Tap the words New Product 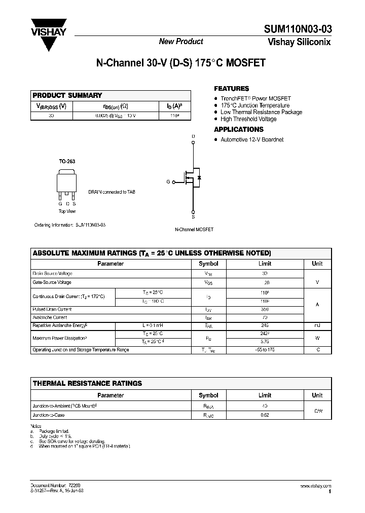pyautogui.click(x=181, y=42)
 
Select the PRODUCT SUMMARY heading pyautogui.click(x=67, y=95)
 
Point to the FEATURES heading pyautogui.click(x=232, y=89)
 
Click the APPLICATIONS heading pyautogui.click(x=239, y=130)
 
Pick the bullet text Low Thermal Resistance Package pyautogui.click(x=261, y=112)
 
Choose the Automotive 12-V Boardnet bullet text pyautogui.click(x=252, y=139)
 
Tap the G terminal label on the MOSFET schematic pyautogui.click(x=168, y=181)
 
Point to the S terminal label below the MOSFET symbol pyautogui.click(x=193, y=216)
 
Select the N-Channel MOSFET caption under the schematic pyautogui.click(x=194, y=230)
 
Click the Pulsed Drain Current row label pyautogui.click(x=52, y=309)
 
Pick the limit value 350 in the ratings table pyautogui.click(x=265, y=309)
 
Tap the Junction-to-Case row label pyautogui.click(x=49, y=415)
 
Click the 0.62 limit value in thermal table pyautogui.click(x=265, y=415)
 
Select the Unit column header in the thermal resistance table pyautogui.click(x=317, y=395)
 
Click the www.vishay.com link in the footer pyautogui.click(x=315, y=486)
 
